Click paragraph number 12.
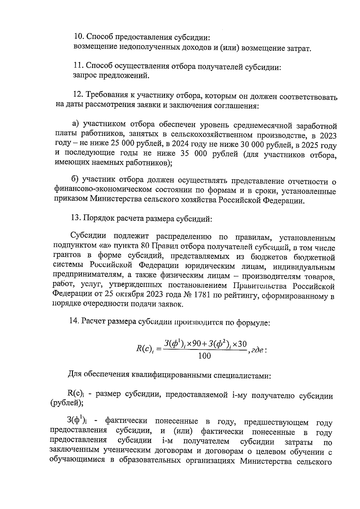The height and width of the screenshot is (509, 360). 79,95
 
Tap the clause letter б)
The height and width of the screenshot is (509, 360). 75,180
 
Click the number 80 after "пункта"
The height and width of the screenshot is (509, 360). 145,247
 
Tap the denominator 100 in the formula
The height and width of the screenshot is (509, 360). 205,356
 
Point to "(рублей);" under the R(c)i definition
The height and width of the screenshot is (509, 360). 67,403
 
